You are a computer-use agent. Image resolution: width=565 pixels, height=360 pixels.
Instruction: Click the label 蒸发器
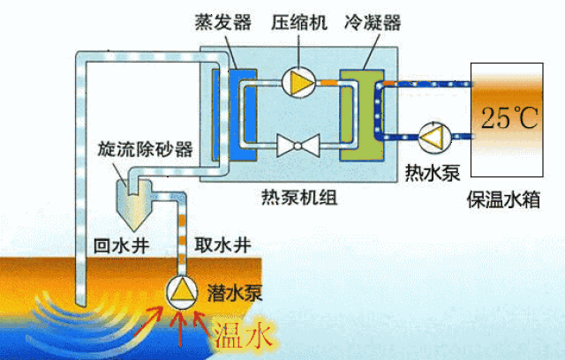(223, 22)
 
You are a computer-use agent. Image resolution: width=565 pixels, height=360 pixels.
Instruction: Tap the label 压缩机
(299, 22)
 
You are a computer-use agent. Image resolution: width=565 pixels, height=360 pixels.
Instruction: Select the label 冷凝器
(373, 22)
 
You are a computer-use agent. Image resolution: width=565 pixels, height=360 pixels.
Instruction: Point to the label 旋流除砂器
(146, 149)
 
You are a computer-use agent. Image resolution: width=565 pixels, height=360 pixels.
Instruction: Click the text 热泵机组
(299, 198)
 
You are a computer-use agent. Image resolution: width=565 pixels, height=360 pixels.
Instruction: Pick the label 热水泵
(433, 173)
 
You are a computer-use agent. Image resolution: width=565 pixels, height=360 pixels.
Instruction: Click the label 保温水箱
(504, 199)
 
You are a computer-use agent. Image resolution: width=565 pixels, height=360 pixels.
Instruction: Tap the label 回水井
(122, 246)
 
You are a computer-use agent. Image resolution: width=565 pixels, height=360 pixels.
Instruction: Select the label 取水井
(222, 246)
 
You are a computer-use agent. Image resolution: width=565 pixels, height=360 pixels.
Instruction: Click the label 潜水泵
(235, 294)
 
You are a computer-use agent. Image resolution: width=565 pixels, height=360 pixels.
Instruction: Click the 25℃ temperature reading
(509, 117)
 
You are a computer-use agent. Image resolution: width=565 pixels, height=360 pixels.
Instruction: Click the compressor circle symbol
(298, 82)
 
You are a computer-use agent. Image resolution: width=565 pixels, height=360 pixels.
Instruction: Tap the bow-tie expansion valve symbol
(298, 146)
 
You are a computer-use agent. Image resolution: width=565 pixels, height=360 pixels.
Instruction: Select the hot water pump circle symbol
(434, 137)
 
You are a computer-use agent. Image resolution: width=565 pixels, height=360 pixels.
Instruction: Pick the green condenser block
(362, 116)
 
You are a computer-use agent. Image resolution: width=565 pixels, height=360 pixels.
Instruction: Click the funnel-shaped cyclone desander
(134, 204)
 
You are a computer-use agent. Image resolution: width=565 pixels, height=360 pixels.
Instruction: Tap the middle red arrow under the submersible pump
(180, 328)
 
